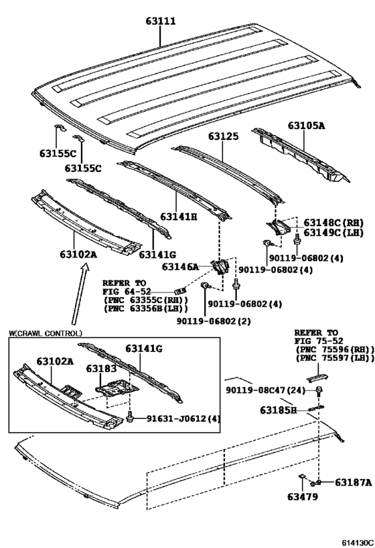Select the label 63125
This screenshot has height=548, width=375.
pos(222,136)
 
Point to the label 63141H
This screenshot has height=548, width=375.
pos(179,216)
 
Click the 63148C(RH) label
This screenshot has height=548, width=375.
pos(333,222)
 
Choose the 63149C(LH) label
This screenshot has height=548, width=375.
pos(333,232)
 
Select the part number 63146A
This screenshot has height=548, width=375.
pos(180,267)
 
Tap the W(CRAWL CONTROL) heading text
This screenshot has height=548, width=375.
pos(46,333)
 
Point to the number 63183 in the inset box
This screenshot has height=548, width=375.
pos(101,369)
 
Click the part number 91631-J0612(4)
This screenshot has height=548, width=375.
pos(175,418)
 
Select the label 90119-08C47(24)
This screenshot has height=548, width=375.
pos(266,390)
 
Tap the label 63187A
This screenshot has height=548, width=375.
pos(348,482)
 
